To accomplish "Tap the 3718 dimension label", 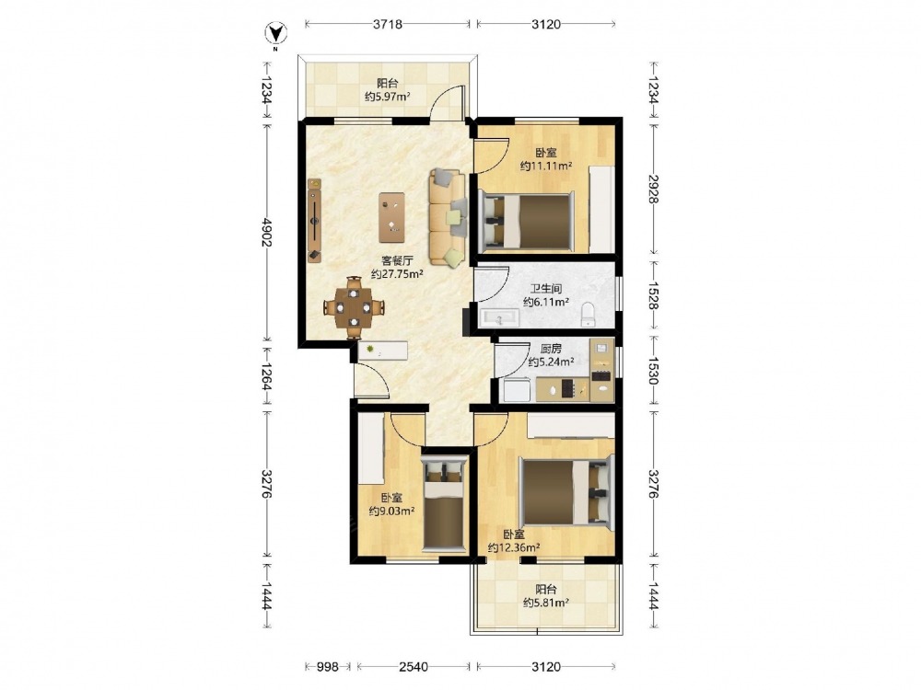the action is coord(387,24).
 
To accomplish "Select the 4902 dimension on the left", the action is coord(267,233).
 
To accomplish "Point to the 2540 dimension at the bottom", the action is coord(413,666).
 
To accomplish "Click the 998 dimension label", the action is coord(327,666).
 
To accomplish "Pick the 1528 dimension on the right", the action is coord(653,296).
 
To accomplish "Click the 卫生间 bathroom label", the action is coord(545,289).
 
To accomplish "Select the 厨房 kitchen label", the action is coord(551,349).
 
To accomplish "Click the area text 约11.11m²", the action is coord(546,166).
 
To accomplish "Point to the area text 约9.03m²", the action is coord(391,511).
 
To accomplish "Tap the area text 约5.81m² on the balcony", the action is coord(545,602).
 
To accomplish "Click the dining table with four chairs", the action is coord(354,307).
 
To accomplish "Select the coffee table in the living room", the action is coord(391,217).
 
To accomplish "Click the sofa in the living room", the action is coord(449,217).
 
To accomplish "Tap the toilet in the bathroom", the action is coord(588,315).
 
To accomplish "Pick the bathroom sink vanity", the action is coord(499,317).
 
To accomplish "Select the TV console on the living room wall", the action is coord(314,221).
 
